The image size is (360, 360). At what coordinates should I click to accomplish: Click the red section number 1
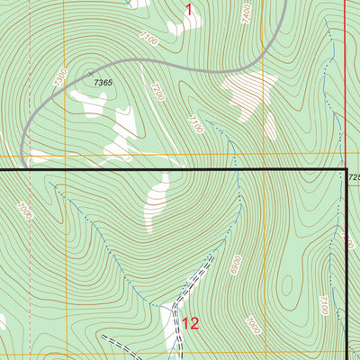click(189, 10)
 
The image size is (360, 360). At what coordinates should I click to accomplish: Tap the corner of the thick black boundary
click(346, 169)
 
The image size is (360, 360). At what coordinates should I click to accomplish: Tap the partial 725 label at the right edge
click(353, 177)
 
